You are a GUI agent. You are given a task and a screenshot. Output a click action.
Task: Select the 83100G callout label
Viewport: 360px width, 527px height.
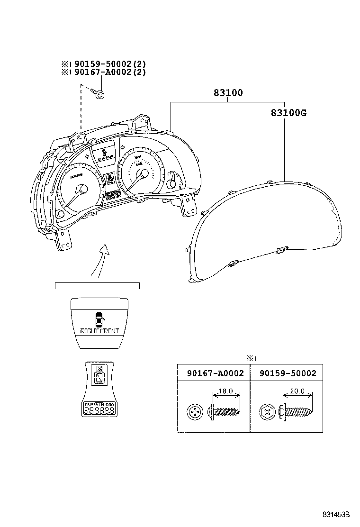tap(289, 113)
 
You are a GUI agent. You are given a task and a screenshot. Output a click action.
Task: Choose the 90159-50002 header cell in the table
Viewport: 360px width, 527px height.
tap(288, 373)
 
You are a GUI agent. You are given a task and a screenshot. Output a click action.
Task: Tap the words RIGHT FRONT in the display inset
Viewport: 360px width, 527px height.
tap(99, 331)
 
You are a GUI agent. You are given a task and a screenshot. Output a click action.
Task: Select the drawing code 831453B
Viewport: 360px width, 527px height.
tap(336, 514)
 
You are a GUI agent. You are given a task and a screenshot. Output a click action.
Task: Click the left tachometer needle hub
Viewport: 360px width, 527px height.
tap(82, 190)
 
